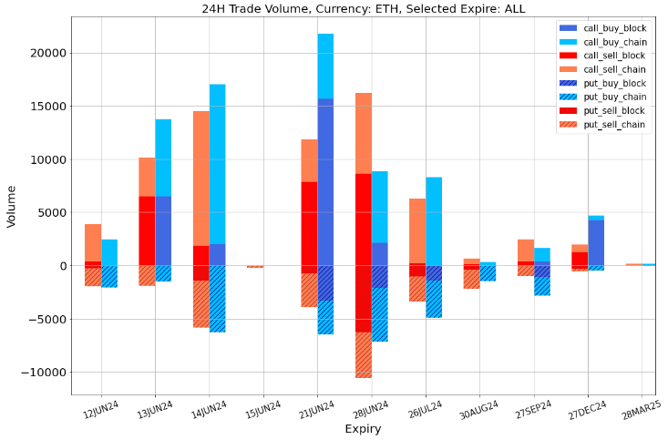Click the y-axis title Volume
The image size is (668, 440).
point(12,206)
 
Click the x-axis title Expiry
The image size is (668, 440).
point(362,428)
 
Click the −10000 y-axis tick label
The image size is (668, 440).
point(42,373)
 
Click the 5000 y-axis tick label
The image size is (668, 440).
point(50,212)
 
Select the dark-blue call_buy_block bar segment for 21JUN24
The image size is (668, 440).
point(325,182)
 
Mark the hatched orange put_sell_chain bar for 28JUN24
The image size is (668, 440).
point(363,355)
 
